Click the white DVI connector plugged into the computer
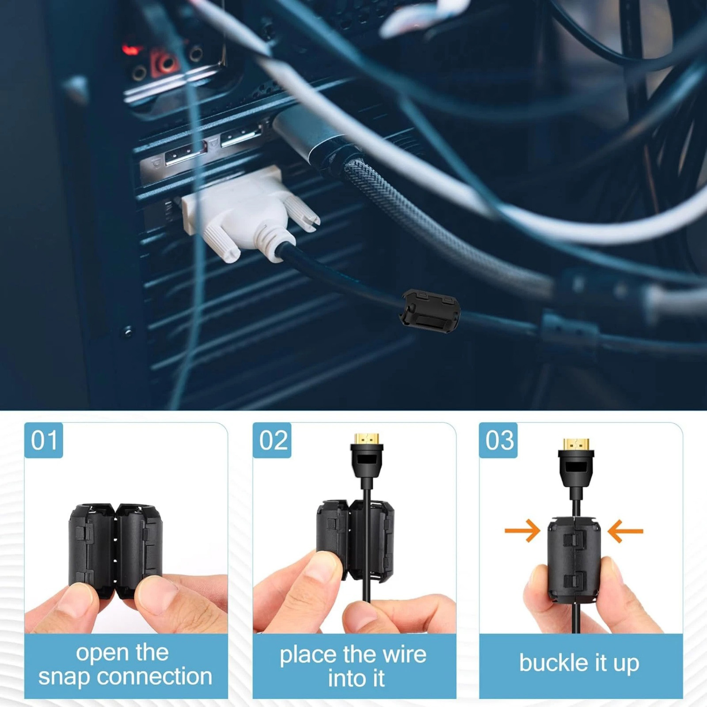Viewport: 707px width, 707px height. tap(250, 212)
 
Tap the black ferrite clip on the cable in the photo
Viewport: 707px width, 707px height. tap(431, 310)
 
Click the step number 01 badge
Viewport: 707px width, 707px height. tap(44, 440)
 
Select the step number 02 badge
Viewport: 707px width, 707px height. tap(272, 440)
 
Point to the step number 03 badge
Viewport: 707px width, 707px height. tap(498, 440)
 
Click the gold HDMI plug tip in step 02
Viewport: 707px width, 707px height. tap(367, 439)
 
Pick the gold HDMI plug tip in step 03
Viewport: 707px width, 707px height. tap(576, 444)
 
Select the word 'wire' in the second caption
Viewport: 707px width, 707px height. tap(404, 654)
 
